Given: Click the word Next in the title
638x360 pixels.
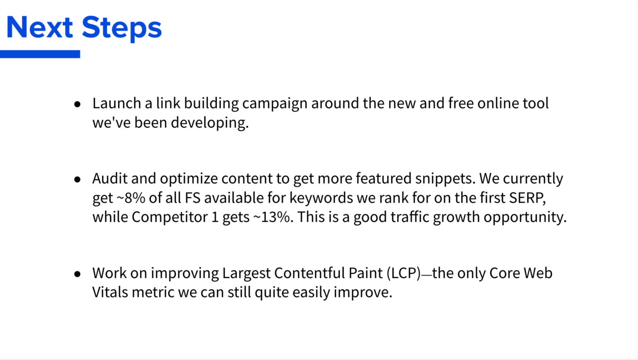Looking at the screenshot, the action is coord(40,27).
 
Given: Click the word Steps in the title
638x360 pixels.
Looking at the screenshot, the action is coord(122,29).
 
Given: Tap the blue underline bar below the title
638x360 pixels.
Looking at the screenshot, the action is coord(40,54).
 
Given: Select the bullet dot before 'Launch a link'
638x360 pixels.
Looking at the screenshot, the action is coord(77,104).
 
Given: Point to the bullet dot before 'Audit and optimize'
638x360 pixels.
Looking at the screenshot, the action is coord(77,179).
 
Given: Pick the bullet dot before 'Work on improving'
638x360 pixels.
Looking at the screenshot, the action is coord(77,274).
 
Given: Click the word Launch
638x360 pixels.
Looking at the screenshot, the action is coord(117,103).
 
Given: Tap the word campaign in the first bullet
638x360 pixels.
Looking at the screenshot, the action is coord(275,104).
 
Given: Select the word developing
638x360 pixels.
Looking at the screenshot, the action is coord(210,123).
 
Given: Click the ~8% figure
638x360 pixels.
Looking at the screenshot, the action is coord(131,198).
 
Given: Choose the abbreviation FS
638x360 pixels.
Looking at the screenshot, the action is coord(193,198).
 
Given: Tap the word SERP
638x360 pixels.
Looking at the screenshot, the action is coord(528,198).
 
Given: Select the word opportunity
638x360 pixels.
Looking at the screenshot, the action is coord(525,218).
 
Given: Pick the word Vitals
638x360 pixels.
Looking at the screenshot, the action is coord(110,292).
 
